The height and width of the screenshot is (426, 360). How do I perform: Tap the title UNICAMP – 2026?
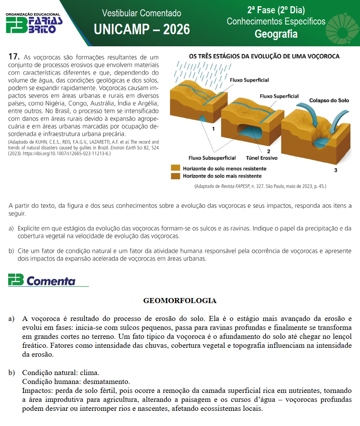(x=142, y=29)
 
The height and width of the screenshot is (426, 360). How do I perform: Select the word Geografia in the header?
(x=276, y=34)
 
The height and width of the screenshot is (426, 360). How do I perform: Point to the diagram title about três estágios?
(x=264, y=56)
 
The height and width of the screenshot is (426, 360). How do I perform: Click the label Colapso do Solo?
(x=329, y=100)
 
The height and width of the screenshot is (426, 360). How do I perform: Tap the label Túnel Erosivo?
(x=262, y=158)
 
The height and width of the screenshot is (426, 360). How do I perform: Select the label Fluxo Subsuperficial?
(x=212, y=158)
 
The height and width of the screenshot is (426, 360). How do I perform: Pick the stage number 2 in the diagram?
(x=268, y=151)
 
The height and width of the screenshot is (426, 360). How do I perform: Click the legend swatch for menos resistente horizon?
(x=176, y=168)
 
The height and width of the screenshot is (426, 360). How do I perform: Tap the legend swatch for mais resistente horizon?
(x=176, y=176)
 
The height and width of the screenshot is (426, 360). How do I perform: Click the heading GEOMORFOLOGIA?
(x=180, y=300)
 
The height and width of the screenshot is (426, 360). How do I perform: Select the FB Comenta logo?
(x=43, y=280)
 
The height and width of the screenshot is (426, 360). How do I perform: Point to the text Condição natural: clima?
(x=61, y=373)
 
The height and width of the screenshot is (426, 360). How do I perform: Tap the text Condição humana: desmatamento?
(x=76, y=381)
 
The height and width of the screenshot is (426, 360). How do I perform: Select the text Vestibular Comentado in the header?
(x=142, y=13)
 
